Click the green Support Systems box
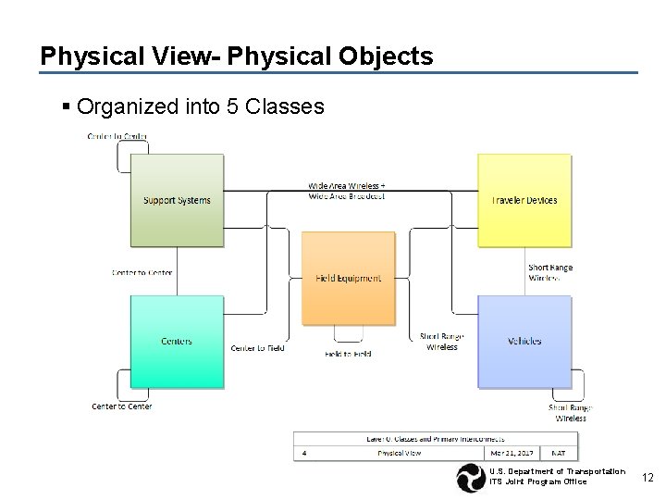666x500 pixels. tap(177, 200)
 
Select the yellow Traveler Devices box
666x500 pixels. tap(524, 200)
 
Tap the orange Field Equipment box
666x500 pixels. tap(348, 277)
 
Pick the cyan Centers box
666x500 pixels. tap(177, 341)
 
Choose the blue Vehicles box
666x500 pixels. tap(524, 341)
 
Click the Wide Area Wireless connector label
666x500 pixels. tap(346, 189)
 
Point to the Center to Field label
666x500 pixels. tap(257, 348)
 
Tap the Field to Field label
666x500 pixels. tap(348, 354)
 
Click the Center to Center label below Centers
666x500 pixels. tap(121, 406)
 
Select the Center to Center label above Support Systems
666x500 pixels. tap(117, 137)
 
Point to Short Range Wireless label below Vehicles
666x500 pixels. tap(570, 413)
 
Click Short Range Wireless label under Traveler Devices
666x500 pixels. tap(549, 272)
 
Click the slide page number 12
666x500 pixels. tap(647, 477)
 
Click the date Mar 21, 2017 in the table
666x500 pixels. tap(512, 453)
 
